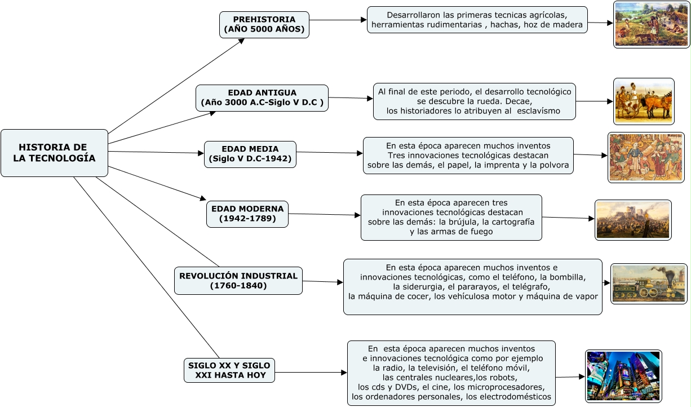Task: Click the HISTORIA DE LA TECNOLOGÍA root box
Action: point(54,153)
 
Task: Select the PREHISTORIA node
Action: point(264,25)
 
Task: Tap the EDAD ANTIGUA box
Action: point(262,98)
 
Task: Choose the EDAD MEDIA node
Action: point(250,154)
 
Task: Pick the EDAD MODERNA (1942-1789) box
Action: point(247,214)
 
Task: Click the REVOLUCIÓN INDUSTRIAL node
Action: point(238,281)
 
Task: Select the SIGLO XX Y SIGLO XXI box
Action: point(229,370)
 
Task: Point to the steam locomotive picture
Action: point(649,284)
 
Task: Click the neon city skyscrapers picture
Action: point(623,376)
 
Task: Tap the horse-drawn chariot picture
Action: point(644,101)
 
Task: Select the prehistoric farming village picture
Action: point(652,25)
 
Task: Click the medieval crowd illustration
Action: point(646,157)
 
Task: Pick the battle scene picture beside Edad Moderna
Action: point(633,220)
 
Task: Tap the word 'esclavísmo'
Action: point(538,111)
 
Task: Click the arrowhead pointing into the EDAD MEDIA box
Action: point(201,153)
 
